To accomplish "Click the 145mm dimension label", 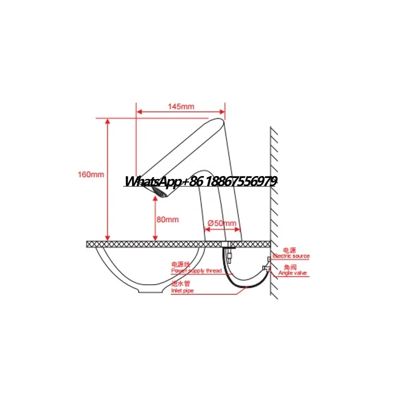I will (181, 106).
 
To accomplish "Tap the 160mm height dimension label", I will (91, 175).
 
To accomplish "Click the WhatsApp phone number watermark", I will (200, 182).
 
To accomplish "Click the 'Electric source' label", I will (291, 256).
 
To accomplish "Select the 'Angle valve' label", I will (293, 273).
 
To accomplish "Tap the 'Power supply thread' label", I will (197, 271).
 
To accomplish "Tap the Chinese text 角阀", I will (289, 267).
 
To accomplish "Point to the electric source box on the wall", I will (269, 258).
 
